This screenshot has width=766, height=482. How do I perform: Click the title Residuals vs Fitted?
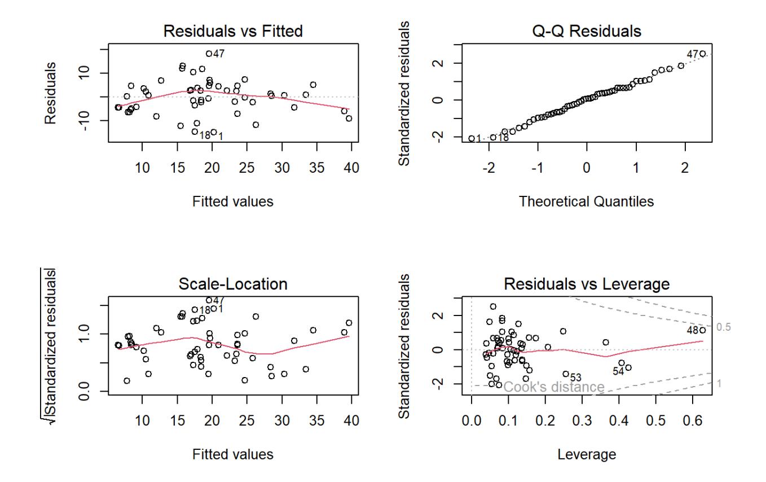(233, 32)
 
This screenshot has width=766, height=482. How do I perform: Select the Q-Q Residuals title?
(587, 32)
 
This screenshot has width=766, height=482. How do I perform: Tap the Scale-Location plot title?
(233, 284)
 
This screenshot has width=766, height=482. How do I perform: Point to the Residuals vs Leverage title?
(587, 284)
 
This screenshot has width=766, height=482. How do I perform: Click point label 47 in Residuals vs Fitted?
(218, 54)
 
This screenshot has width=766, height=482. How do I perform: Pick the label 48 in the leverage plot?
(692, 330)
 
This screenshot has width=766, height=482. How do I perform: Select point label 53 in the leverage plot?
(575, 377)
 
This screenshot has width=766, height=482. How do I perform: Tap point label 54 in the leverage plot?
(618, 371)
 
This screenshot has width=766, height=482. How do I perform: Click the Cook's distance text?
(554, 387)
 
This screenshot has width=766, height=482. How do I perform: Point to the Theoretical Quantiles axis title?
(587, 201)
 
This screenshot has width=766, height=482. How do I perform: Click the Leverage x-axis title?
(587, 454)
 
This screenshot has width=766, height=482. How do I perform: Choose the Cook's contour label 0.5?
(724, 327)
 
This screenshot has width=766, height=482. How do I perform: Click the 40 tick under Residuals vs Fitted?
(351, 168)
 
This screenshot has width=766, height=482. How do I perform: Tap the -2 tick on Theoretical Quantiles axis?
(488, 168)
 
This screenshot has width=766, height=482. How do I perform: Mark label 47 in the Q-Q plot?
(692, 54)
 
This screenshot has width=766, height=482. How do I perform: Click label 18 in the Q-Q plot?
(503, 138)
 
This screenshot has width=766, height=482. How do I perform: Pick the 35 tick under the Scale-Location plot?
(316, 421)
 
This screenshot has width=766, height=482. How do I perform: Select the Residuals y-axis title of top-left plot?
(51, 93)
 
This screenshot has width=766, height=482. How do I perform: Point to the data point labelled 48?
(702, 330)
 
